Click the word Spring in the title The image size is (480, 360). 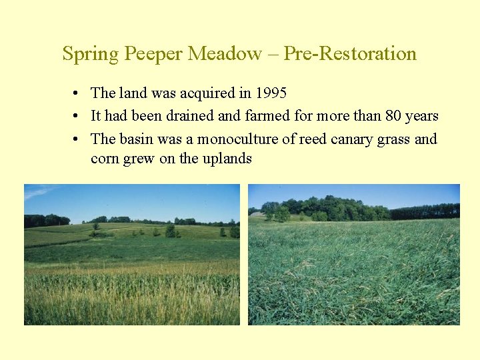90,54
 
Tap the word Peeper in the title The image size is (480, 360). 154,54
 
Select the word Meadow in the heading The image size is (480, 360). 225,54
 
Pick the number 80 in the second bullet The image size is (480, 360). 393,116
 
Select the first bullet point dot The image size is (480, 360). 78,93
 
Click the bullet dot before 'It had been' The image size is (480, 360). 78,116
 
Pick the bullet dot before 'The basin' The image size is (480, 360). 78,139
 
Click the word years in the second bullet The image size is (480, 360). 421,116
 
